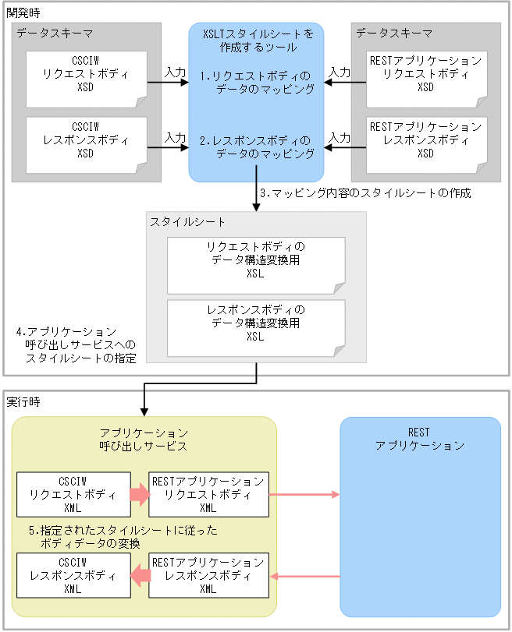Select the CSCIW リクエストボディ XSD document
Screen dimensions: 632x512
[86, 79]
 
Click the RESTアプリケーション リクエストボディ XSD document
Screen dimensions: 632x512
[426, 79]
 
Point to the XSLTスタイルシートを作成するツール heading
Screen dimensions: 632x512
[256, 41]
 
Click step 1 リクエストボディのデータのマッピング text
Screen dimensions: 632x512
[256, 83]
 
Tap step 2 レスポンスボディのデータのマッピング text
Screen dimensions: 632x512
[256, 148]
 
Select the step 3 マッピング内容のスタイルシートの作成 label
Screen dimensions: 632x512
[364, 192]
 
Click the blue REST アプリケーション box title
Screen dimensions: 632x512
[420, 439]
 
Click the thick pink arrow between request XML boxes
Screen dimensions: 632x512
[139, 494]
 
